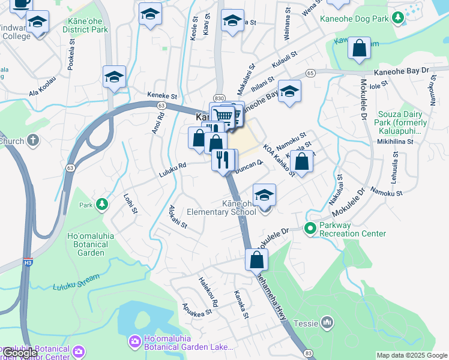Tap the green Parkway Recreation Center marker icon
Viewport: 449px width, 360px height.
pyautogui.click(x=310, y=228)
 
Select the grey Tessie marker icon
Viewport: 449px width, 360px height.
pyautogui.click(x=327, y=323)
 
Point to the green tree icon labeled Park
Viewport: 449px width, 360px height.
pyautogui.click(x=103, y=205)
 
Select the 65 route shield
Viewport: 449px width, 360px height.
pyautogui.click(x=310, y=73)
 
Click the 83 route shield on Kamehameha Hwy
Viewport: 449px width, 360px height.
pyautogui.click(x=308, y=355)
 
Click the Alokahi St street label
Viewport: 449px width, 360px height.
pyautogui.click(x=178, y=217)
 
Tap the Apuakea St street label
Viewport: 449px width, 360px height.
pyautogui.click(x=197, y=308)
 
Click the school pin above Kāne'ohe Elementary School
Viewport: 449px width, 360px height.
pyautogui.click(x=264, y=195)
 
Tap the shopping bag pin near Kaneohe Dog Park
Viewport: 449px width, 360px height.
pyautogui.click(x=359, y=50)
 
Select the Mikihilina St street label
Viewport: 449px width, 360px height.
pyautogui.click(x=393, y=142)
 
